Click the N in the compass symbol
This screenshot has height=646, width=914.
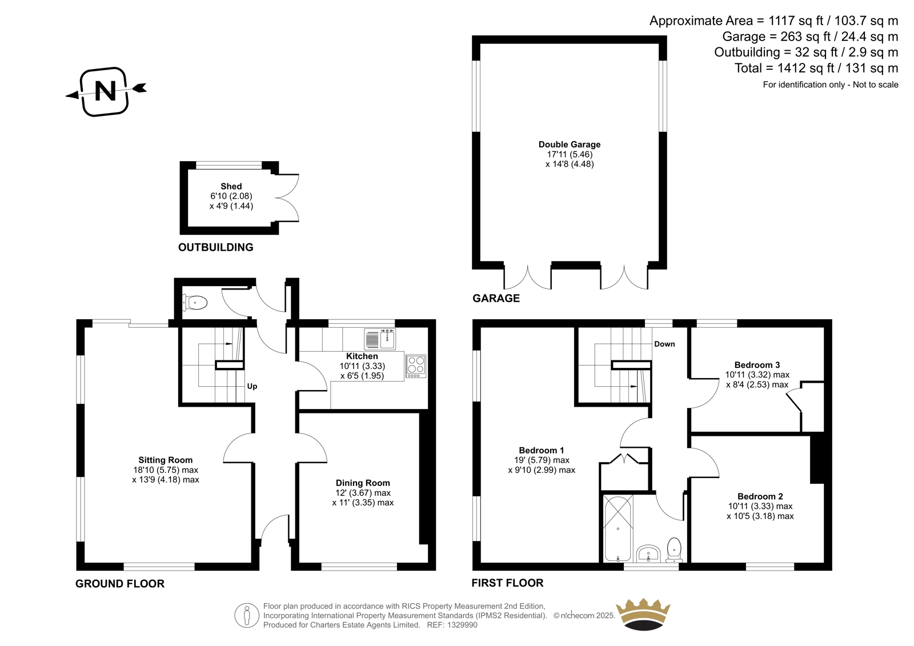click(105, 91)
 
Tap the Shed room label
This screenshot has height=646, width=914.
click(231, 186)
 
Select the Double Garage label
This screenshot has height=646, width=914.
click(570, 145)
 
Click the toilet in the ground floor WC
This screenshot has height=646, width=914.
click(195, 303)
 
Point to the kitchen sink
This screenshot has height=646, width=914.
click(380, 339)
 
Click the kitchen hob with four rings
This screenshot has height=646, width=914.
click(416, 366)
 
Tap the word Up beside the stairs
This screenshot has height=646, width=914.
click(252, 386)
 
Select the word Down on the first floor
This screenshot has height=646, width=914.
click(665, 344)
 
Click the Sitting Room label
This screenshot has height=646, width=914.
click(165, 460)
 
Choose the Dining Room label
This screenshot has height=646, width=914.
click(363, 483)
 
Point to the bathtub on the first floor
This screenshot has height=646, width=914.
click(618, 528)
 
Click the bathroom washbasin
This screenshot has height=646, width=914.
click(648, 553)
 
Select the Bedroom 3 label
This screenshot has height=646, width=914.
click(757, 365)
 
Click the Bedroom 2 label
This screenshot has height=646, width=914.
click(760, 496)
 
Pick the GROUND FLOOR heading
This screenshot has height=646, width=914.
click(120, 584)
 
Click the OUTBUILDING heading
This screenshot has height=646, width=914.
click(216, 247)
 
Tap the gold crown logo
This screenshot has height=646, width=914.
click(643, 614)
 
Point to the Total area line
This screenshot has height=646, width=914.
click(816, 68)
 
